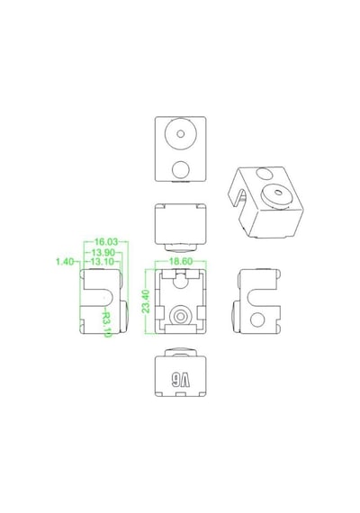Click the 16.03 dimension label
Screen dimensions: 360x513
click(105, 242)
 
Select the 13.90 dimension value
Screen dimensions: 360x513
click(103, 253)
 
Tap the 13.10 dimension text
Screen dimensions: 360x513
click(102, 262)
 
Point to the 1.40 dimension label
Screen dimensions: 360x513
click(65, 262)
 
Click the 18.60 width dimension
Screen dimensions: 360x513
click(180, 261)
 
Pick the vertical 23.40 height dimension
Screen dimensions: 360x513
click(146, 301)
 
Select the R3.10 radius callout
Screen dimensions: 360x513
click(107, 324)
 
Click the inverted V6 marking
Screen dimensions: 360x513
click(180, 380)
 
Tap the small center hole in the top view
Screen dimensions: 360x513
click(180, 133)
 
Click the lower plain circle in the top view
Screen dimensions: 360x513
click(181, 169)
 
